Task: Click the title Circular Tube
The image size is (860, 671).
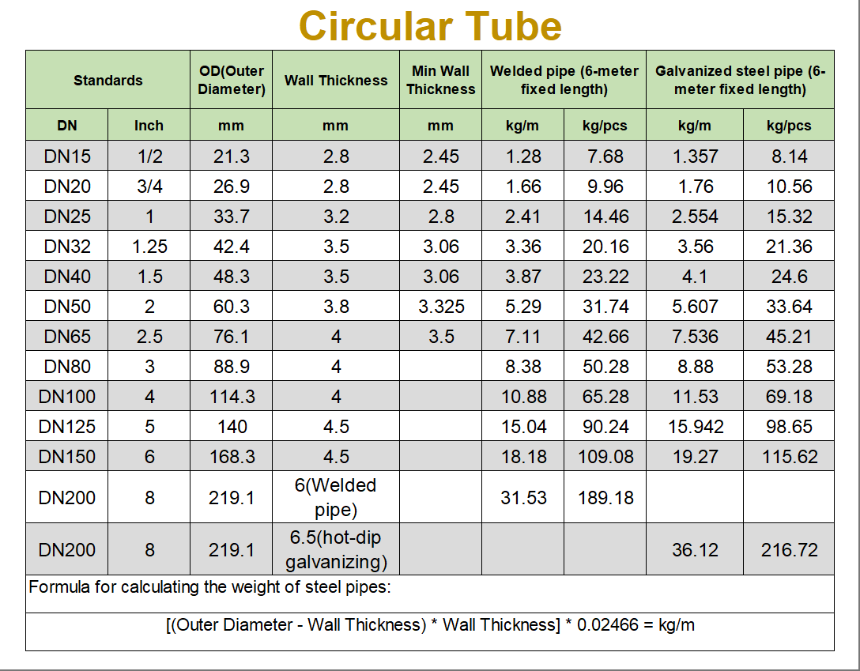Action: (430, 26)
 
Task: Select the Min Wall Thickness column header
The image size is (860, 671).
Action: (441, 81)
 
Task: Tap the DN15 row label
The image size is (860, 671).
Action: (67, 156)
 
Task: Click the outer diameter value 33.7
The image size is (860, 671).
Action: (231, 217)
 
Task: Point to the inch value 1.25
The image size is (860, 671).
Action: (149, 247)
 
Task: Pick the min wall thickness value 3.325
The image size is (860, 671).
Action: (441, 307)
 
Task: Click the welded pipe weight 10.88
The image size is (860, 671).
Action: (523, 397)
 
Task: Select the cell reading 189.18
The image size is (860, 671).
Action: (605, 498)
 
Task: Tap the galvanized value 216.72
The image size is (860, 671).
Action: (789, 550)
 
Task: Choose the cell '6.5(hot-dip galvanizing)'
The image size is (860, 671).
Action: (336, 550)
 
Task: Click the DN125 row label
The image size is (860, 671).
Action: (67, 427)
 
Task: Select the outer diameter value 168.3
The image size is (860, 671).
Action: (231, 457)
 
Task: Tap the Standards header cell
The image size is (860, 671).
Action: (108, 81)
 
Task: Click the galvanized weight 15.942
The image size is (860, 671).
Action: (695, 427)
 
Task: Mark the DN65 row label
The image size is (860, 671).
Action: (67, 337)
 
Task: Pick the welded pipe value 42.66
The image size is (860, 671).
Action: (605, 337)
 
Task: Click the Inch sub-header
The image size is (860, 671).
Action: (149, 126)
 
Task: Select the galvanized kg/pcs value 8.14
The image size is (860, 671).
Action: (789, 156)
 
